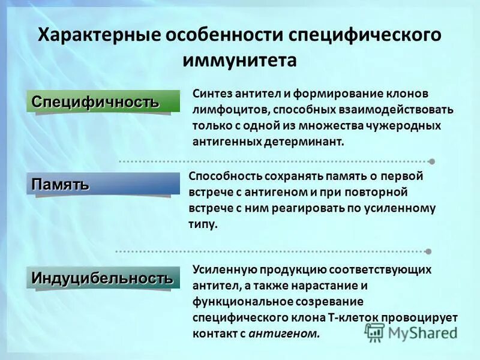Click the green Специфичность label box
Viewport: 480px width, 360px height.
click(103, 101)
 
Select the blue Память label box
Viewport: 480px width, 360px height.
click(103, 184)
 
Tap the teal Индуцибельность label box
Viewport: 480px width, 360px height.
click(103, 278)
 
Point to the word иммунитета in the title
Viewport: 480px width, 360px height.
click(239, 61)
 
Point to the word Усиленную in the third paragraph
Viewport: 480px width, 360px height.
click(221, 270)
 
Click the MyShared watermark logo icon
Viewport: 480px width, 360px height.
click(375, 332)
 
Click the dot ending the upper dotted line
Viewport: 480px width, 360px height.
click(431, 161)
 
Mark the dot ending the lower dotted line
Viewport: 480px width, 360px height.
click(428, 251)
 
